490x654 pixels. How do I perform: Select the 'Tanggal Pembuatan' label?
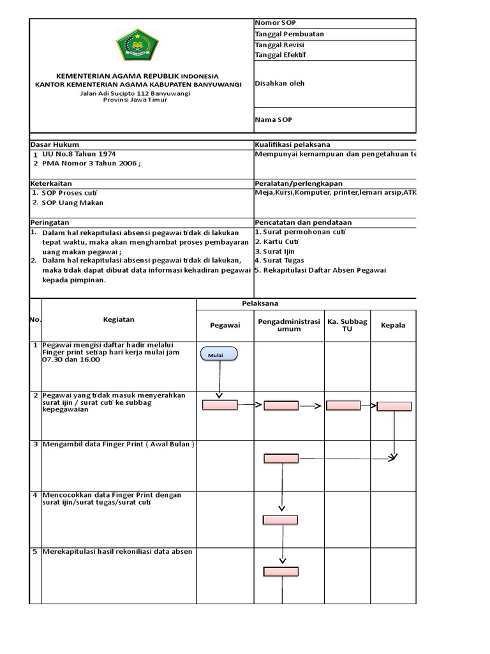tap(285, 34)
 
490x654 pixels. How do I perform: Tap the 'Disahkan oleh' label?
tap(279, 83)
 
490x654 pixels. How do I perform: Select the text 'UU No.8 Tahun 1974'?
tap(79, 154)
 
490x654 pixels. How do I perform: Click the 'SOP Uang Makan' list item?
tap(72, 202)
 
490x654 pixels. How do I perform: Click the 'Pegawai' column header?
tap(225, 325)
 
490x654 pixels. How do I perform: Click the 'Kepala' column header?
tap(393, 325)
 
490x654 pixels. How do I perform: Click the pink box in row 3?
tap(281, 458)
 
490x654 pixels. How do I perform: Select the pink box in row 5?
tap(281, 572)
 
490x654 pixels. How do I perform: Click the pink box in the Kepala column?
tap(394, 406)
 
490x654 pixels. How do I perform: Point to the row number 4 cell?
tap(35, 496)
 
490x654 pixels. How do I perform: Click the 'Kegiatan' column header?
tap(119, 319)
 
